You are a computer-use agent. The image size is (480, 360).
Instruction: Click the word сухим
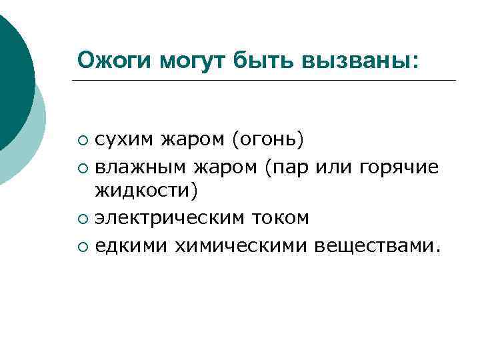123,141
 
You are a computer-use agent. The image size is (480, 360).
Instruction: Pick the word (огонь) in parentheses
267,141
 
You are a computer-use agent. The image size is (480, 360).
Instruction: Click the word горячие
399,166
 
